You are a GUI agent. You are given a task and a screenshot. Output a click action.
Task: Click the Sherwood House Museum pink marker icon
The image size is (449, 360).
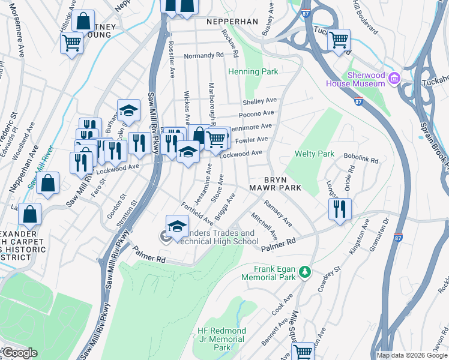coord(394,78)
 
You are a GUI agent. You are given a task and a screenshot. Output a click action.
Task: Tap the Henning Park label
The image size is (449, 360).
coord(253,72)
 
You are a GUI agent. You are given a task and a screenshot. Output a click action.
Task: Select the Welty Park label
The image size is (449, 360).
coord(315,154)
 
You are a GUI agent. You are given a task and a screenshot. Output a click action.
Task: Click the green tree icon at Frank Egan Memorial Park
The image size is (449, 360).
coord(306,272)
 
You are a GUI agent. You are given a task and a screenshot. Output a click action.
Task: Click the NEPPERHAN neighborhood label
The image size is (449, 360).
coord(232,22)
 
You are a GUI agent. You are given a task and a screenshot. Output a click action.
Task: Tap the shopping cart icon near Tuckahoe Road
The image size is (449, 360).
coord(339,40)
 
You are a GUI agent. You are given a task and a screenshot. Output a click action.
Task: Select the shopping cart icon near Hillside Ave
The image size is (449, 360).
coord(72,43)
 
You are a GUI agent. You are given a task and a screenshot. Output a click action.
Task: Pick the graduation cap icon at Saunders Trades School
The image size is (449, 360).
coord(176,227)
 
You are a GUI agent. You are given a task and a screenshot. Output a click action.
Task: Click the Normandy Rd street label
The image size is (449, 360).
coord(203,55)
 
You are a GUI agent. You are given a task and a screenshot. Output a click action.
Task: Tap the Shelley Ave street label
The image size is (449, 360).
coord(259,101)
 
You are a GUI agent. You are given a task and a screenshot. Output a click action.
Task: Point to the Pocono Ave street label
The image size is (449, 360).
coord(256,113)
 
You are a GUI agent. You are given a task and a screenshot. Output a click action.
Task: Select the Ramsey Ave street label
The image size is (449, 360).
coord(278,214)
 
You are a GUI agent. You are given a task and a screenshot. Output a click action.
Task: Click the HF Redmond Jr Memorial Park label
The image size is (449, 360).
coord(221,339)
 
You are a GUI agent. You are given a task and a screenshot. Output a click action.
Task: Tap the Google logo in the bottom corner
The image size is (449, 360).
coord(19,353)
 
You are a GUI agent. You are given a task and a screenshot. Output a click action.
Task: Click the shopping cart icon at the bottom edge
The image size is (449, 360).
coord(303,350)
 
